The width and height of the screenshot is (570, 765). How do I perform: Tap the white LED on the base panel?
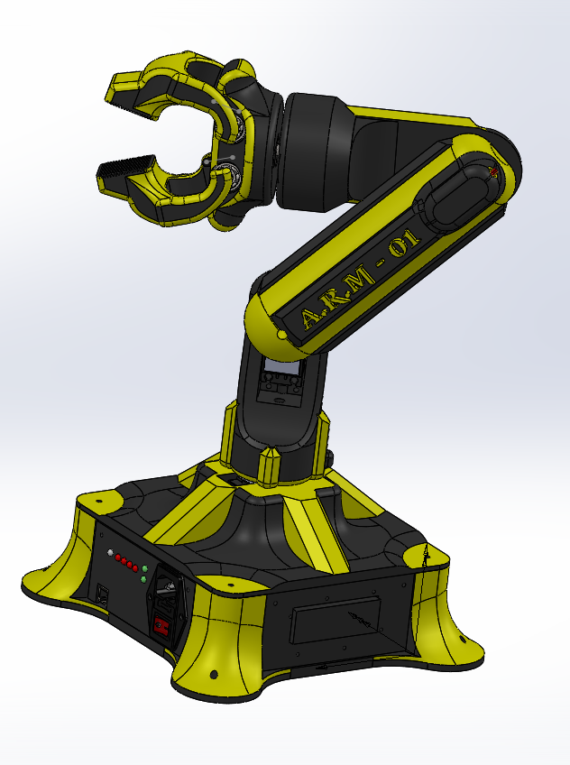click(x=110, y=552)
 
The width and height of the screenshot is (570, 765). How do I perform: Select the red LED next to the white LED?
click(x=118, y=558)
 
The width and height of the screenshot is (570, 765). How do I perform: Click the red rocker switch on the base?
click(x=162, y=624)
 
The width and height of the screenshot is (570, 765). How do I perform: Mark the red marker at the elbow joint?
click(x=492, y=169)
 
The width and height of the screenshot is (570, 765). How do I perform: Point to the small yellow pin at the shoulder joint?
click(x=281, y=336)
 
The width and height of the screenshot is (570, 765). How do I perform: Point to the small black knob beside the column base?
click(x=326, y=460)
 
